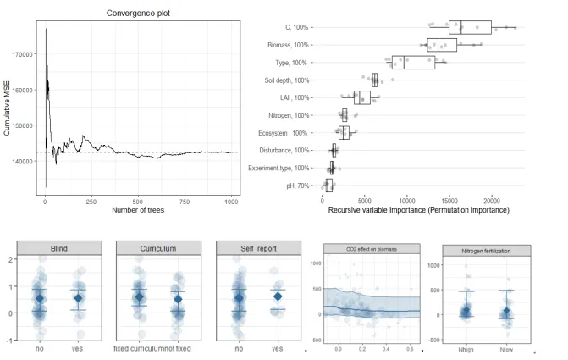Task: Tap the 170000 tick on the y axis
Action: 21,53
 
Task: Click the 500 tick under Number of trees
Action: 138,202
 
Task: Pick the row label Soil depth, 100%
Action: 287,80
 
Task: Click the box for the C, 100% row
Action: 470,27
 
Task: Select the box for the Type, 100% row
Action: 414,63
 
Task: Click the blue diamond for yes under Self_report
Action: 277,296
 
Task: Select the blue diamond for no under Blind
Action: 40,298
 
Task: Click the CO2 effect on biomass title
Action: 371,249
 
